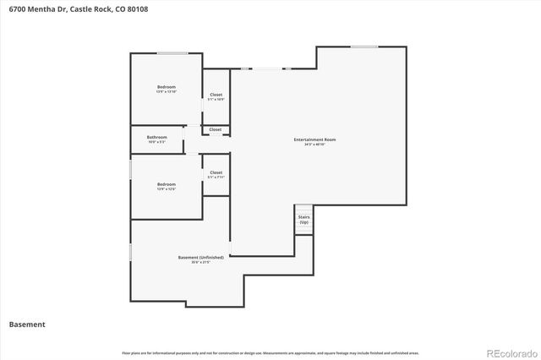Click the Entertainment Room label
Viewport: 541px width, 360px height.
314,139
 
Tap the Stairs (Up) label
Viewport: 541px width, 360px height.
303,218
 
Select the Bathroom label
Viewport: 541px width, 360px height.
156,137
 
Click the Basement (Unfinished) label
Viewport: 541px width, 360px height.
200,257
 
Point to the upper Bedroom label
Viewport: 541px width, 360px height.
167,87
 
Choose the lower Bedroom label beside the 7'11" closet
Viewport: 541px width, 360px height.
167,184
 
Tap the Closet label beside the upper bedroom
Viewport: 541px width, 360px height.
216,95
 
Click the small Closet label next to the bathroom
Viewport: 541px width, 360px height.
216,129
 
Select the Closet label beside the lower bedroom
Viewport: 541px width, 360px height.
216,172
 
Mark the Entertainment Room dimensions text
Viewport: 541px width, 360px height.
314,145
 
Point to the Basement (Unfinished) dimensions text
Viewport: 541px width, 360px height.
200,262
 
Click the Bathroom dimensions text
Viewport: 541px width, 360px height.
156,142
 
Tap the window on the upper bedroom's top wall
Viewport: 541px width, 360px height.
172,54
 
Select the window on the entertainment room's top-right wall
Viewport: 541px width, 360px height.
364,46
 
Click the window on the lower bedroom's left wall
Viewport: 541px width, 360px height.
130,170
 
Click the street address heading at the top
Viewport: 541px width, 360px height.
67,8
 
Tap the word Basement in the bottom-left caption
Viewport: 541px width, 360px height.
27,324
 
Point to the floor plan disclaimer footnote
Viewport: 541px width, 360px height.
270,352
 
